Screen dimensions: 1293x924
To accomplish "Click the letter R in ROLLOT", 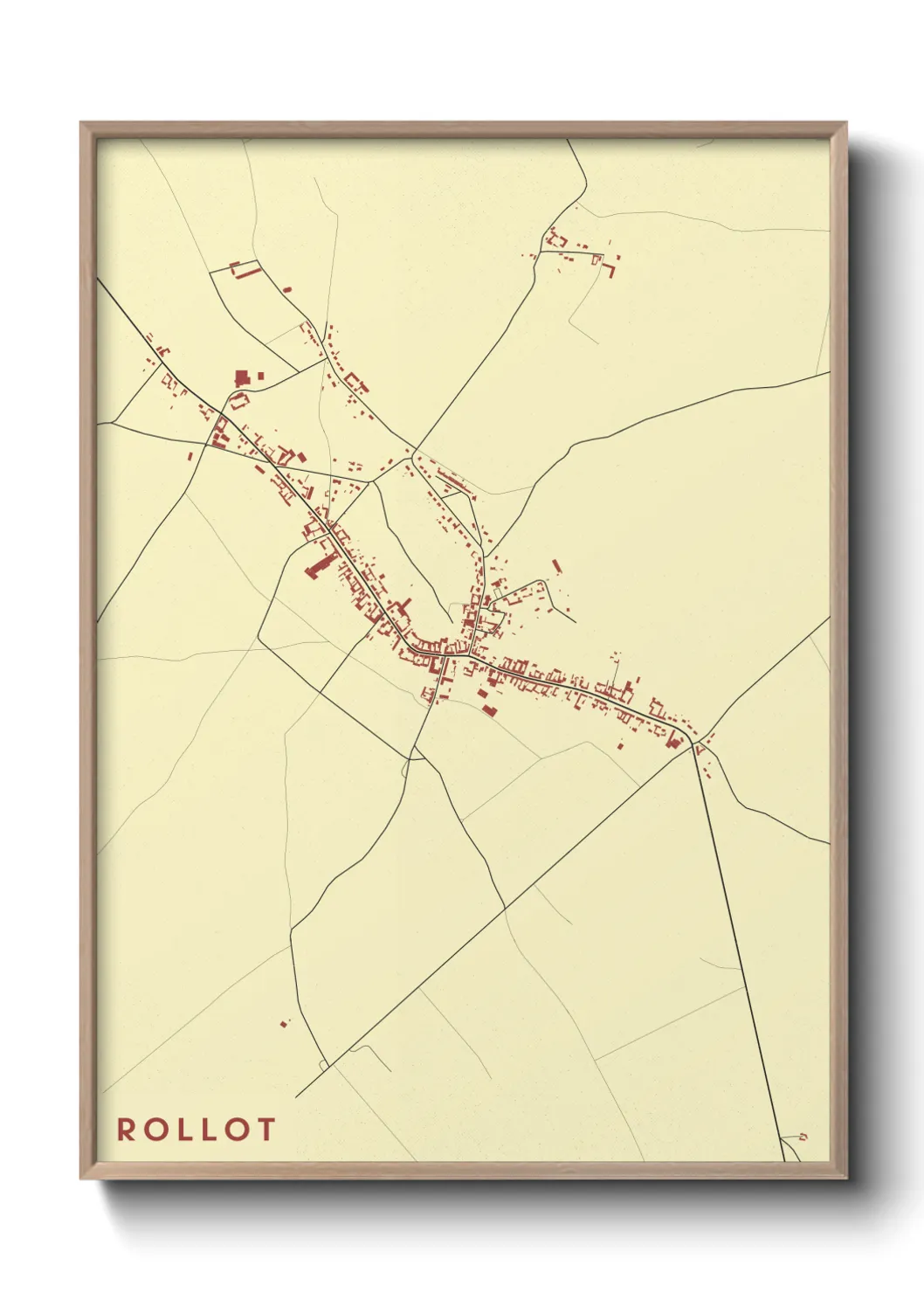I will pos(127,1129).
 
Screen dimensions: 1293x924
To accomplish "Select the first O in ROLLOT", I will pos(155,1129).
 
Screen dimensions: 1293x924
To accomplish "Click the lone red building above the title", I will pos(283,1023).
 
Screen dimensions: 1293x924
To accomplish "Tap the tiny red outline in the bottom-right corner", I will pos(803,1137).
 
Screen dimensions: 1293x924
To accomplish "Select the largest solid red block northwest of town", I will pos(242,377).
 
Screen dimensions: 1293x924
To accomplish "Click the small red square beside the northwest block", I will pos(260,375).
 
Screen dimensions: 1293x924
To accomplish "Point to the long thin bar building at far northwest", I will pos(245,273).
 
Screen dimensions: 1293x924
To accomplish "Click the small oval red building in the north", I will pos(287,287).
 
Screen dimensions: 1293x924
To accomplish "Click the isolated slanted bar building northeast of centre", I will pos(556,566).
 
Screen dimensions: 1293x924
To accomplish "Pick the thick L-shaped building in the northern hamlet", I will pos(611,267).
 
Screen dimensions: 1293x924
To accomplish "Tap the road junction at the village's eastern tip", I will pos(694,744).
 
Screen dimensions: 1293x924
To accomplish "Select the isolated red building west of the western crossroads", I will pos(190,455).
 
